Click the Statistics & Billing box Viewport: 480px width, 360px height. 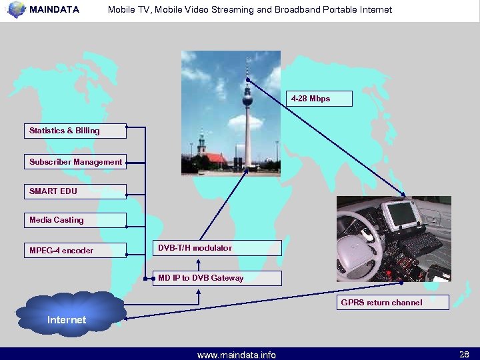[x=75, y=131]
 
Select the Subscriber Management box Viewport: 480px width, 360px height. [x=75, y=162]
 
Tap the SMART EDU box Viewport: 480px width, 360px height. [x=75, y=191]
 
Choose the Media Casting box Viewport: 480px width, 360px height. [x=75, y=220]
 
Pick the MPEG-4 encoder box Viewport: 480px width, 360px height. [x=75, y=251]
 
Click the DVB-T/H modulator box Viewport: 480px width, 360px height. [x=217, y=248]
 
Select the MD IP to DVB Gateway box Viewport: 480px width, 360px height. [x=217, y=278]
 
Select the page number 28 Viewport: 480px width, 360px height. [x=464, y=353]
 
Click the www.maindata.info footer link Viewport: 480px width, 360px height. [x=236, y=355]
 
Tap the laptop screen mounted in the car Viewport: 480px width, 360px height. [x=403, y=216]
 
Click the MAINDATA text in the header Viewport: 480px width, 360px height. [x=54, y=10]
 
